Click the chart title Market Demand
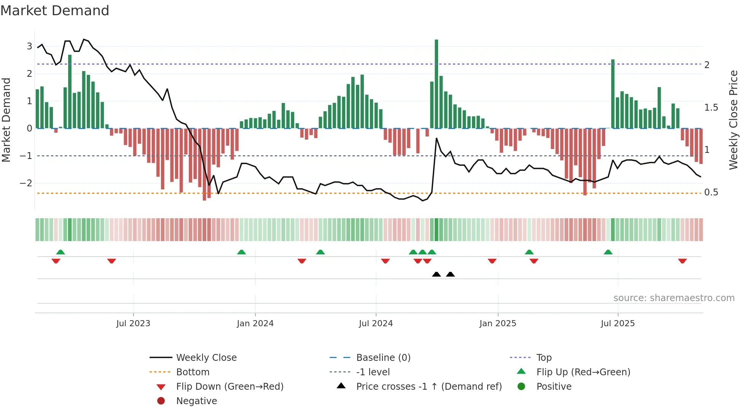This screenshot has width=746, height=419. [55, 11]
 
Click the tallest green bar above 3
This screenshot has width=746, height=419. [436, 84]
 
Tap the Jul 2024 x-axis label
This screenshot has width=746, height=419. [376, 324]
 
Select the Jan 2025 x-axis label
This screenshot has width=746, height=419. [497, 324]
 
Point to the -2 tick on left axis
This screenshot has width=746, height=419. [26, 183]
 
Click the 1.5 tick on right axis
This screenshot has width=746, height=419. [711, 108]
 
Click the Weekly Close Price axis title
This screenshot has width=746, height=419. [733, 120]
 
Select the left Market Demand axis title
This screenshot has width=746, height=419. [6, 120]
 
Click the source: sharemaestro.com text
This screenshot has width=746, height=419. [674, 298]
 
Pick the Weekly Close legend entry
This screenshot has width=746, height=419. [206, 358]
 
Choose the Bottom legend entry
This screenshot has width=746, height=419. [193, 372]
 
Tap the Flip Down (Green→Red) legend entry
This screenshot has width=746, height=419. [230, 387]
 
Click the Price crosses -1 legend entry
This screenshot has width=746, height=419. [429, 387]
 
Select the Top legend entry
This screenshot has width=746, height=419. [544, 358]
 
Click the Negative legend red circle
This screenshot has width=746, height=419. [161, 401]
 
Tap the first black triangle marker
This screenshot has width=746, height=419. [436, 275]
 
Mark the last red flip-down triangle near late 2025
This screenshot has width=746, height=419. [682, 261]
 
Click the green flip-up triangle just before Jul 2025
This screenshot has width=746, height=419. [608, 252]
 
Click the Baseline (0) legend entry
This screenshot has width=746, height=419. [383, 358]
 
